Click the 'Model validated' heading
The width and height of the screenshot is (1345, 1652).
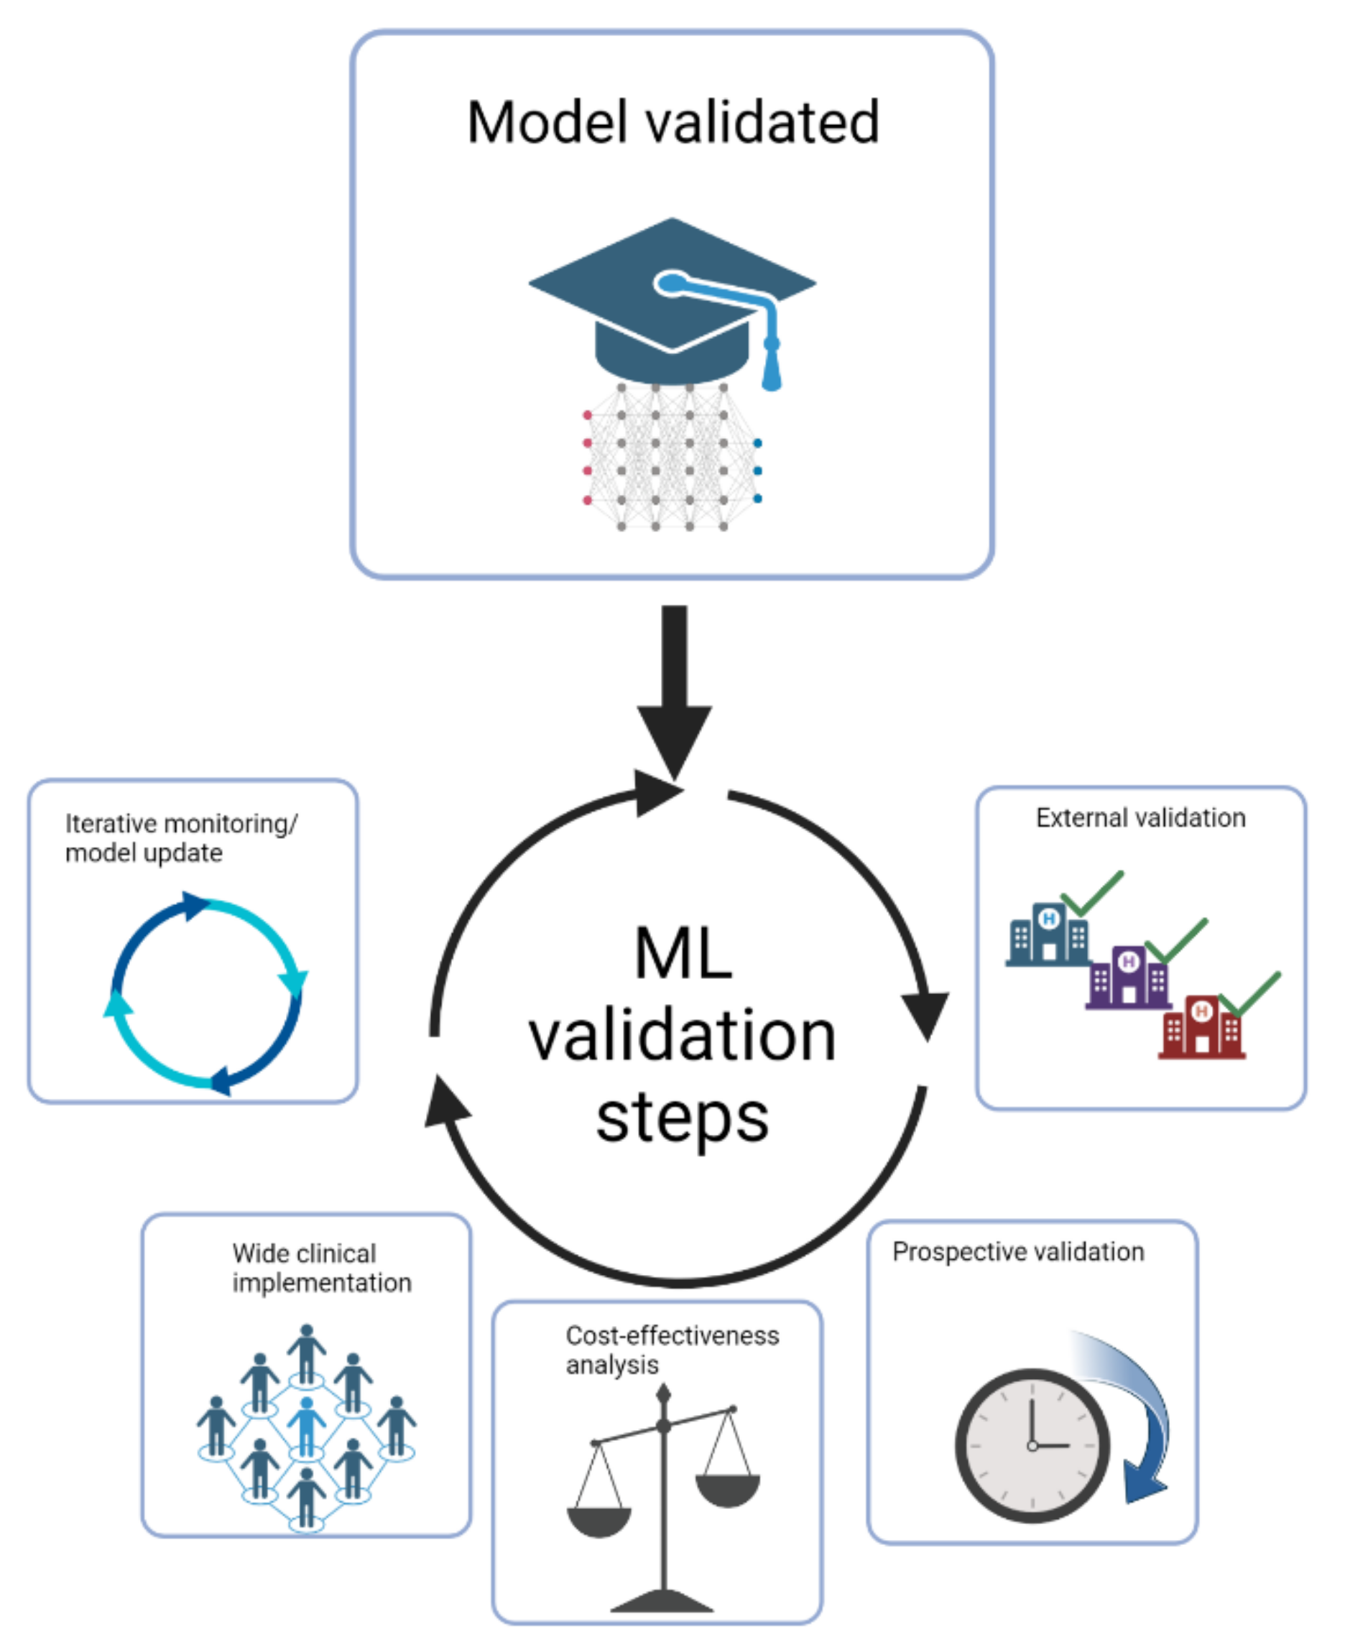pyautogui.click(x=672, y=122)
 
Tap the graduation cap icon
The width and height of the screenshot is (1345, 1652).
pyautogui.click(x=671, y=298)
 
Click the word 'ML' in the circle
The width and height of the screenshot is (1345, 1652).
pyautogui.click(x=683, y=953)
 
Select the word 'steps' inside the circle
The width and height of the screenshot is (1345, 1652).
pyautogui.click(x=682, y=1119)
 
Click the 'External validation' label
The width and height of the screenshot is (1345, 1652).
pyautogui.click(x=1140, y=817)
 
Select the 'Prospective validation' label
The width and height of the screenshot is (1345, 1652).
pyautogui.click(x=1017, y=1252)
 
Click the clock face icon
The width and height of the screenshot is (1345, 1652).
pyautogui.click(x=1032, y=1444)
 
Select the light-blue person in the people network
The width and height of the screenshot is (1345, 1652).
pyautogui.click(x=307, y=1425)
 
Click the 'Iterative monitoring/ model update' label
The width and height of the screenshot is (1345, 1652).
pyautogui.click(x=180, y=838)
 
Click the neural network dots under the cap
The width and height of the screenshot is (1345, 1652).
pyautogui.click(x=671, y=457)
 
